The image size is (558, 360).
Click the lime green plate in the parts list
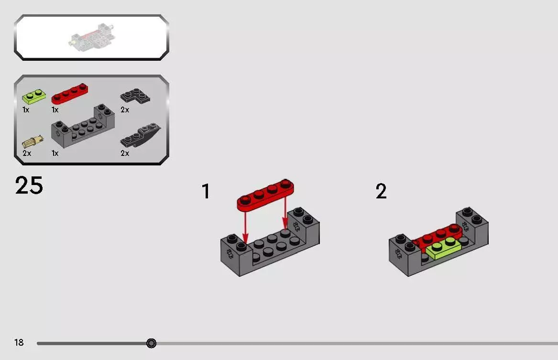click(x=34, y=97)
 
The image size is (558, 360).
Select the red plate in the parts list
click(x=70, y=94)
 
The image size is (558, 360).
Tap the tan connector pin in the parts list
click(x=33, y=142)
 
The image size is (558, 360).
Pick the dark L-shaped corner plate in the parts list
click(x=135, y=97)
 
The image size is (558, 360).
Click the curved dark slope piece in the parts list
click(x=140, y=135)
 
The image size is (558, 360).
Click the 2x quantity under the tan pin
click(x=27, y=153)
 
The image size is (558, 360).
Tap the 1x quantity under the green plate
click(x=26, y=110)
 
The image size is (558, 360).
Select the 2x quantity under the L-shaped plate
click(x=124, y=110)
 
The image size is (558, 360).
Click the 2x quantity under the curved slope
click(x=124, y=153)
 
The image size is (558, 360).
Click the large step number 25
click(x=29, y=185)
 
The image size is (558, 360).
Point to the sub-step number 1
click(x=206, y=191)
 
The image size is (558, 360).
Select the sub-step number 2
click(x=381, y=191)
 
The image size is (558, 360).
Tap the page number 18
click(x=19, y=342)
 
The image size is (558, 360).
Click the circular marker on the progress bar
click(x=151, y=343)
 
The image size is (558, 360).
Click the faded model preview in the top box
click(x=91, y=35)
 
